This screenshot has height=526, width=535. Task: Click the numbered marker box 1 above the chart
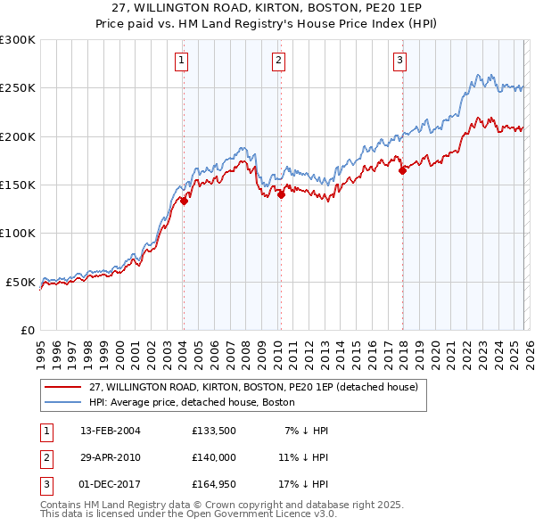pos(181,61)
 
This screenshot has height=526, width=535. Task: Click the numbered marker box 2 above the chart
pos(278,61)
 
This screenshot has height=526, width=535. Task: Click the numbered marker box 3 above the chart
pos(399,61)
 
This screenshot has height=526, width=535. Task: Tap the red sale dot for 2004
pos(184,201)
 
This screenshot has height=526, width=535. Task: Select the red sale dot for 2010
pos(281,194)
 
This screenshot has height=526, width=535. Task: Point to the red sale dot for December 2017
pos(402,170)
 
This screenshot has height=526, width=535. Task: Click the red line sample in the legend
pos(62,388)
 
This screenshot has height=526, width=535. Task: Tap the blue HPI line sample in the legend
pos(62,403)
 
